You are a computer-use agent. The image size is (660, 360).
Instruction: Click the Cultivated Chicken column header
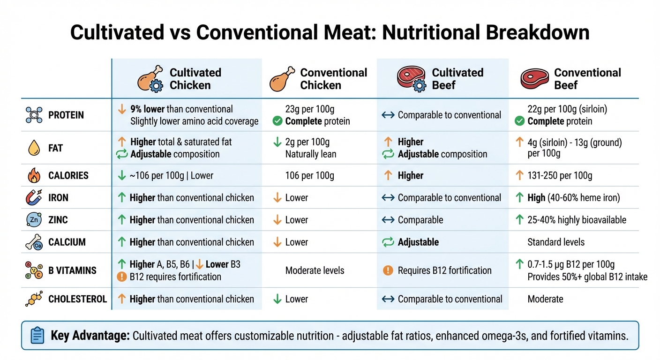(x=195, y=79)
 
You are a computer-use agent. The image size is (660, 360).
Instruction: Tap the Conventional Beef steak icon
(x=535, y=79)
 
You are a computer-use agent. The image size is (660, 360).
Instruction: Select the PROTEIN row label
(x=66, y=115)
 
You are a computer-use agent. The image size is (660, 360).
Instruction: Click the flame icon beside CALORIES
(x=34, y=176)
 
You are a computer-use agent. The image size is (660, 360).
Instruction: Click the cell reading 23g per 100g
(x=309, y=109)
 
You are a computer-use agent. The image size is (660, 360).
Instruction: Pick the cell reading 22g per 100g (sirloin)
(x=567, y=109)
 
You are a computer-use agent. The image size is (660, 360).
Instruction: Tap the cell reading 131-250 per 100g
(x=560, y=176)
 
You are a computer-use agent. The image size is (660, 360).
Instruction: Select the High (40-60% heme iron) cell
(x=573, y=198)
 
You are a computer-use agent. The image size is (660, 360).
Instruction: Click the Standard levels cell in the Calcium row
(x=556, y=242)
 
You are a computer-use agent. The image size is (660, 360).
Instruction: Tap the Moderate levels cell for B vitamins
(x=315, y=270)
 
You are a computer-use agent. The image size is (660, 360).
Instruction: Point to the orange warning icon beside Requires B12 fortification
(x=388, y=270)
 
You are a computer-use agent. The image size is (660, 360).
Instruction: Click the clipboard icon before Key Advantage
(x=37, y=336)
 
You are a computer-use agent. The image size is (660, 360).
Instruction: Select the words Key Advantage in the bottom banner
(x=90, y=336)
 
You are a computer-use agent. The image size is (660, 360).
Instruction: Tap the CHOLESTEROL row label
(x=77, y=299)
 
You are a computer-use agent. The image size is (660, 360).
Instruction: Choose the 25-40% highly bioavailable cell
(x=577, y=220)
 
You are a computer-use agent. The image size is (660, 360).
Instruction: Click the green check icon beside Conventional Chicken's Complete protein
(x=277, y=121)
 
